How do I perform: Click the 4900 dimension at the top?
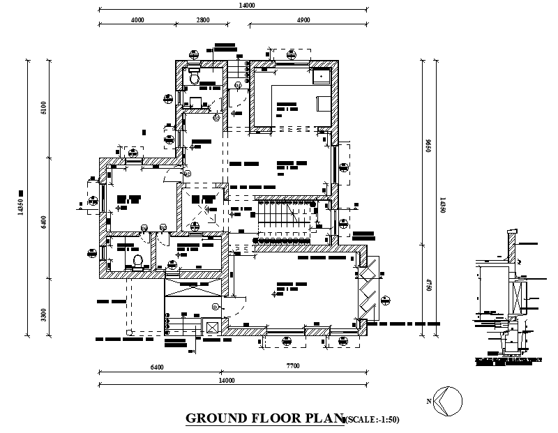[303, 20]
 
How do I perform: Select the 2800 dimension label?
[202, 20]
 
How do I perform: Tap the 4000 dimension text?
[137, 20]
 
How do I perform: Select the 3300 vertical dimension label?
[43, 314]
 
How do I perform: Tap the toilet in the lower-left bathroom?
[137, 261]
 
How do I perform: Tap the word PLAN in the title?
[325, 418]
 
